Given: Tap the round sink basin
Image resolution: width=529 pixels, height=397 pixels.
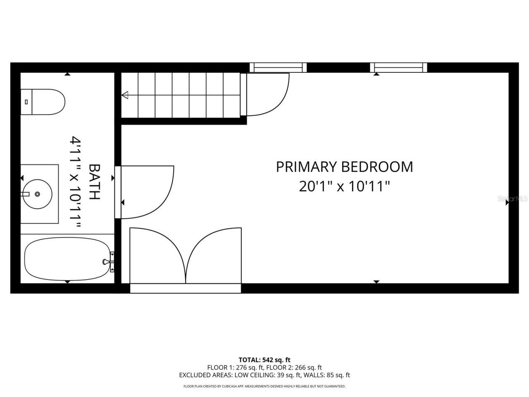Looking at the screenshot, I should pyautogui.click(x=37, y=194).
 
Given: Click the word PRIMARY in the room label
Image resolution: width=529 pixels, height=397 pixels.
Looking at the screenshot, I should pyautogui.click(x=306, y=167).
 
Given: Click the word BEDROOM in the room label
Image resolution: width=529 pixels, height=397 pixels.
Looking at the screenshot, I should pyautogui.click(x=376, y=167).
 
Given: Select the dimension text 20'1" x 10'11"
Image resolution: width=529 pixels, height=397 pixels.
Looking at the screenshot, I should pyautogui.click(x=344, y=187).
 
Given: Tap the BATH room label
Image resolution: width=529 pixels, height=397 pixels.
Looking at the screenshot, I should pyautogui.click(x=95, y=182).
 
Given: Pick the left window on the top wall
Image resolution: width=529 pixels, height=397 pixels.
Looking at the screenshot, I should pyautogui.click(x=278, y=67).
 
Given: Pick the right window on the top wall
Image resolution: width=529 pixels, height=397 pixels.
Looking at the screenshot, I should pyautogui.click(x=398, y=67).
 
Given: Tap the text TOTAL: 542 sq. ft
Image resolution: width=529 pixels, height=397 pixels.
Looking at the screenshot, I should pyautogui.click(x=264, y=360).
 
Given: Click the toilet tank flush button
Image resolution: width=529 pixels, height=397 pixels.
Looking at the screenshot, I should pyautogui.click(x=26, y=101).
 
